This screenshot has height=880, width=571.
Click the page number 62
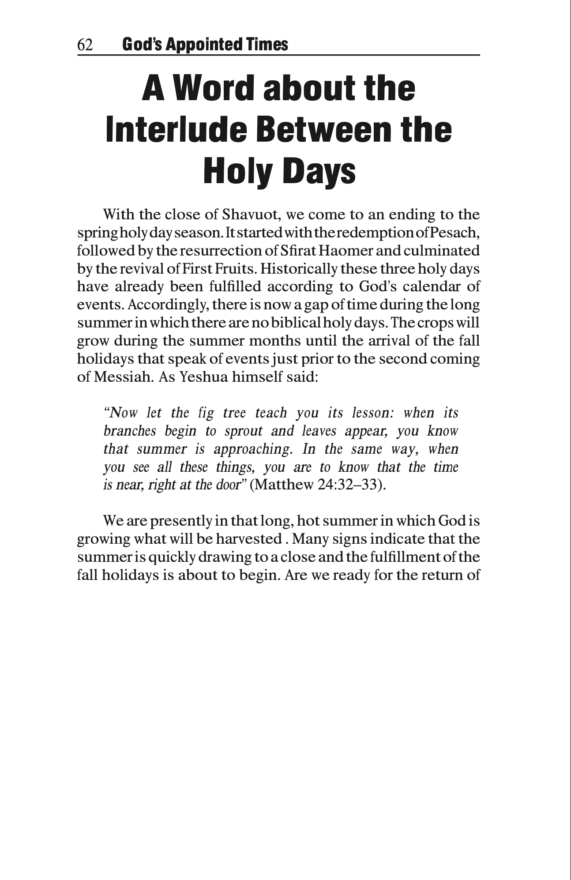click(x=85, y=45)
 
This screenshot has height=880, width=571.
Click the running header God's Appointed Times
click(x=205, y=45)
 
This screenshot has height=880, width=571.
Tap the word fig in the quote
click(x=206, y=413)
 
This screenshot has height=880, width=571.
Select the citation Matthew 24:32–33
click(x=318, y=485)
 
